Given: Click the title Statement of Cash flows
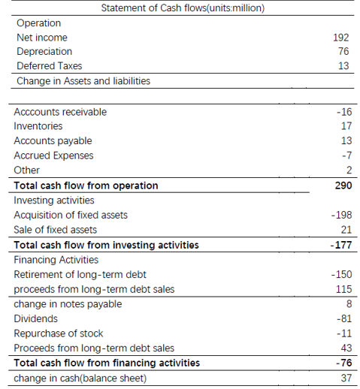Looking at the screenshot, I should click(183, 8).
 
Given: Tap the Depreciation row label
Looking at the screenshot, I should click(44, 52).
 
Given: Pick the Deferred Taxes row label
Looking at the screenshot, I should click(49, 66).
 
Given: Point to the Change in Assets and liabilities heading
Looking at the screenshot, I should click(83, 80).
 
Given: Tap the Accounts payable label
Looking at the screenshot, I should click(53, 141).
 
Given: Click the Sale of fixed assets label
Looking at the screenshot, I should click(55, 230).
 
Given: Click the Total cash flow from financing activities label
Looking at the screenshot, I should click(107, 363).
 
